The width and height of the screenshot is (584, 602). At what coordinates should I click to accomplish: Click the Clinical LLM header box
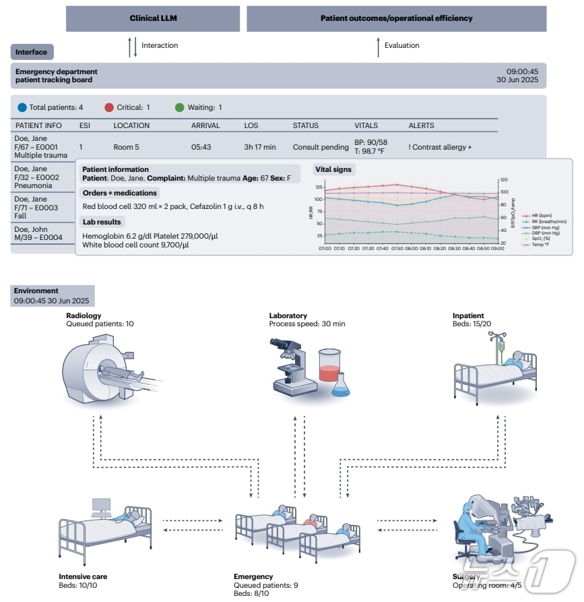(x=153, y=18)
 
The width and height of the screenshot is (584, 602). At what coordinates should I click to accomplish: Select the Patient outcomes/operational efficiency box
(x=396, y=18)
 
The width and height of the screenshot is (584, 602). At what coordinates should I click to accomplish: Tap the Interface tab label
(x=32, y=52)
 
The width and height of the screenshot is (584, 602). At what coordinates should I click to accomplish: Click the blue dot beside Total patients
(x=22, y=107)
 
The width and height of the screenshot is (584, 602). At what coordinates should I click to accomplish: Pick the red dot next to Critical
(x=110, y=107)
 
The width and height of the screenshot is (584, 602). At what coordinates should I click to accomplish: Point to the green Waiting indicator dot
(x=179, y=107)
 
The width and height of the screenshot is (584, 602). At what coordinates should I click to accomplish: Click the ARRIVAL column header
(x=205, y=125)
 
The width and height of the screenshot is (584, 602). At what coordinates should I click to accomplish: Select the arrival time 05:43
(x=201, y=147)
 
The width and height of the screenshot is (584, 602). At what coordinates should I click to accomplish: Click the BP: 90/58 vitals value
(x=371, y=143)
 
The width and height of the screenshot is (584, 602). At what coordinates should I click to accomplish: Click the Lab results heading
(x=102, y=222)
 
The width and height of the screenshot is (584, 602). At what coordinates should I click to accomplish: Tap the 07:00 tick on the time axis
(x=325, y=248)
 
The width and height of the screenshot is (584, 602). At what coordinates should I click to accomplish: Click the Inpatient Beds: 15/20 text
(x=473, y=324)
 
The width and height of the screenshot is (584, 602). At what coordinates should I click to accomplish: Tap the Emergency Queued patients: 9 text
(x=265, y=585)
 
